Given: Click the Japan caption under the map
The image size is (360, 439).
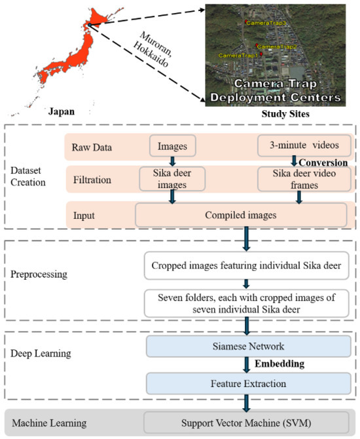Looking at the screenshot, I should pyautogui.click(x=57, y=111).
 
